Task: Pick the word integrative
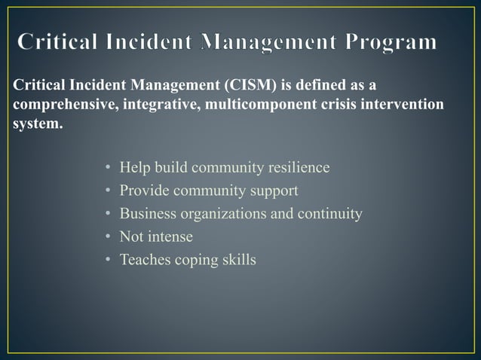155,103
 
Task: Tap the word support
274,191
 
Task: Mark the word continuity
330,214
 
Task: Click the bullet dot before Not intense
109,237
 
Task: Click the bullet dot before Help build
109,167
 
